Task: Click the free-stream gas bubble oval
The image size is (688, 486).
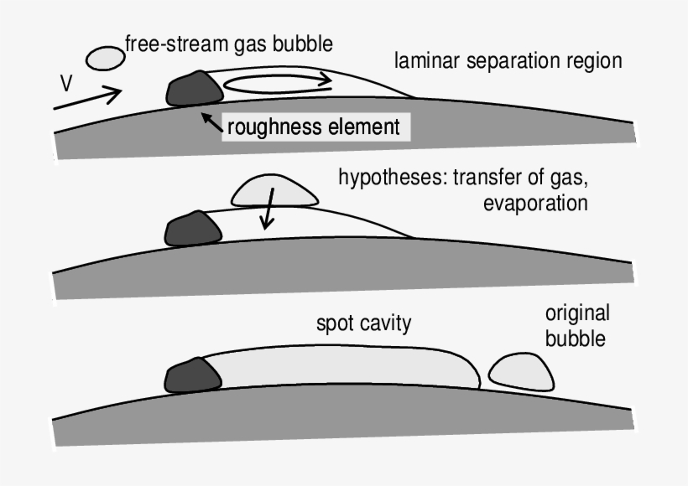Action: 106,58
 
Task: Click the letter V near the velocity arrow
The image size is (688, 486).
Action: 66,84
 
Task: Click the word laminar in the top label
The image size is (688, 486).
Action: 425,61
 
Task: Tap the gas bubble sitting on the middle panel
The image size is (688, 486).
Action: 274,190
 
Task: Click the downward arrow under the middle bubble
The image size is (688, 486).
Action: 267,213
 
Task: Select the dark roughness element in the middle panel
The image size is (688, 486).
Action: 189,228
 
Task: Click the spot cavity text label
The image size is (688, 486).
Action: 363,323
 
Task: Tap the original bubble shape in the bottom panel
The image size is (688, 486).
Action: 520,372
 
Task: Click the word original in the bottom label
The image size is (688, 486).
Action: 576,313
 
